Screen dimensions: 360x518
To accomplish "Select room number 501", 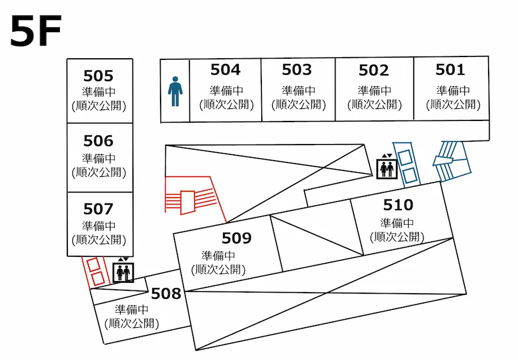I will [x=450, y=70].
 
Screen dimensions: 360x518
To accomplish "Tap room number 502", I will [x=374, y=70].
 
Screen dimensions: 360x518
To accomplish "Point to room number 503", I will [x=296, y=70].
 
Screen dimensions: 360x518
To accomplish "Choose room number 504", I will [x=225, y=70].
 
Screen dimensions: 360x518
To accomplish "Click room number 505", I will [x=98, y=76].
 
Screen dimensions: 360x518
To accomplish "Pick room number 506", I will [x=98, y=141].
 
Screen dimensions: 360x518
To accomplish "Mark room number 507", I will [x=98, y=209].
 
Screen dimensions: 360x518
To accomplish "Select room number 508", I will [x=166, y=294].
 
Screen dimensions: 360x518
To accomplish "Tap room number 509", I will [x=237, y=238].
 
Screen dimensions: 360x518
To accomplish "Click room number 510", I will [x=398, y=204].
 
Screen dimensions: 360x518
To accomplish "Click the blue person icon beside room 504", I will [x=175, y=92].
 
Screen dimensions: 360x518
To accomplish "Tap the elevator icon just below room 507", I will [x=124, y=271].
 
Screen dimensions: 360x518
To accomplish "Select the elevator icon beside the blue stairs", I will [x=386, y=168].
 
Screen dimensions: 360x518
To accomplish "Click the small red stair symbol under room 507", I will [x=95, y=271].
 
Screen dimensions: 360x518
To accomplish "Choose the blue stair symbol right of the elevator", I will [x=406, y=163].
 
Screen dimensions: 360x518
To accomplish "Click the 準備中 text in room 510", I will [x=397, y=223].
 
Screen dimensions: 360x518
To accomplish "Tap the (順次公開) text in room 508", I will [x=132, y=323].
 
